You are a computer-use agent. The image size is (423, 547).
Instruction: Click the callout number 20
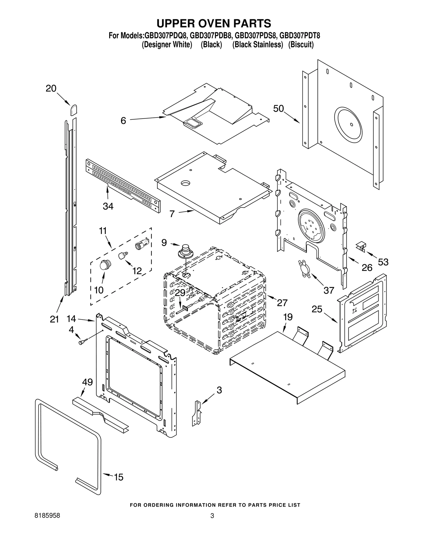click(x=51, y=88)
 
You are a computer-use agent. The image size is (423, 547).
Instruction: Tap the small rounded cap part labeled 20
click(x=73, y=110)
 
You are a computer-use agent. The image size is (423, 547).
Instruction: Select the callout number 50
click(x=278, y=109)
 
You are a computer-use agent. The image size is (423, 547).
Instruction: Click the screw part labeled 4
click(x=82, y=342)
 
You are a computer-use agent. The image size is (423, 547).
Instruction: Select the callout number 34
click(x=108, y=206)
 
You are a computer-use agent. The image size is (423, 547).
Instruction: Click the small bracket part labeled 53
click(x=361, y=246)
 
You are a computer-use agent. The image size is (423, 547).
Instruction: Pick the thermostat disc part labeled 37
click(x=305, y=269)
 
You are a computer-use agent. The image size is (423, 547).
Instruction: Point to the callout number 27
click(x=282, y=303)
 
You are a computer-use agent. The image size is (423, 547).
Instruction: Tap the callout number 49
click(x=87, y=382)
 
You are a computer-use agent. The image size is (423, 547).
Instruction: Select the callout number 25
click(x=317, y=309)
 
